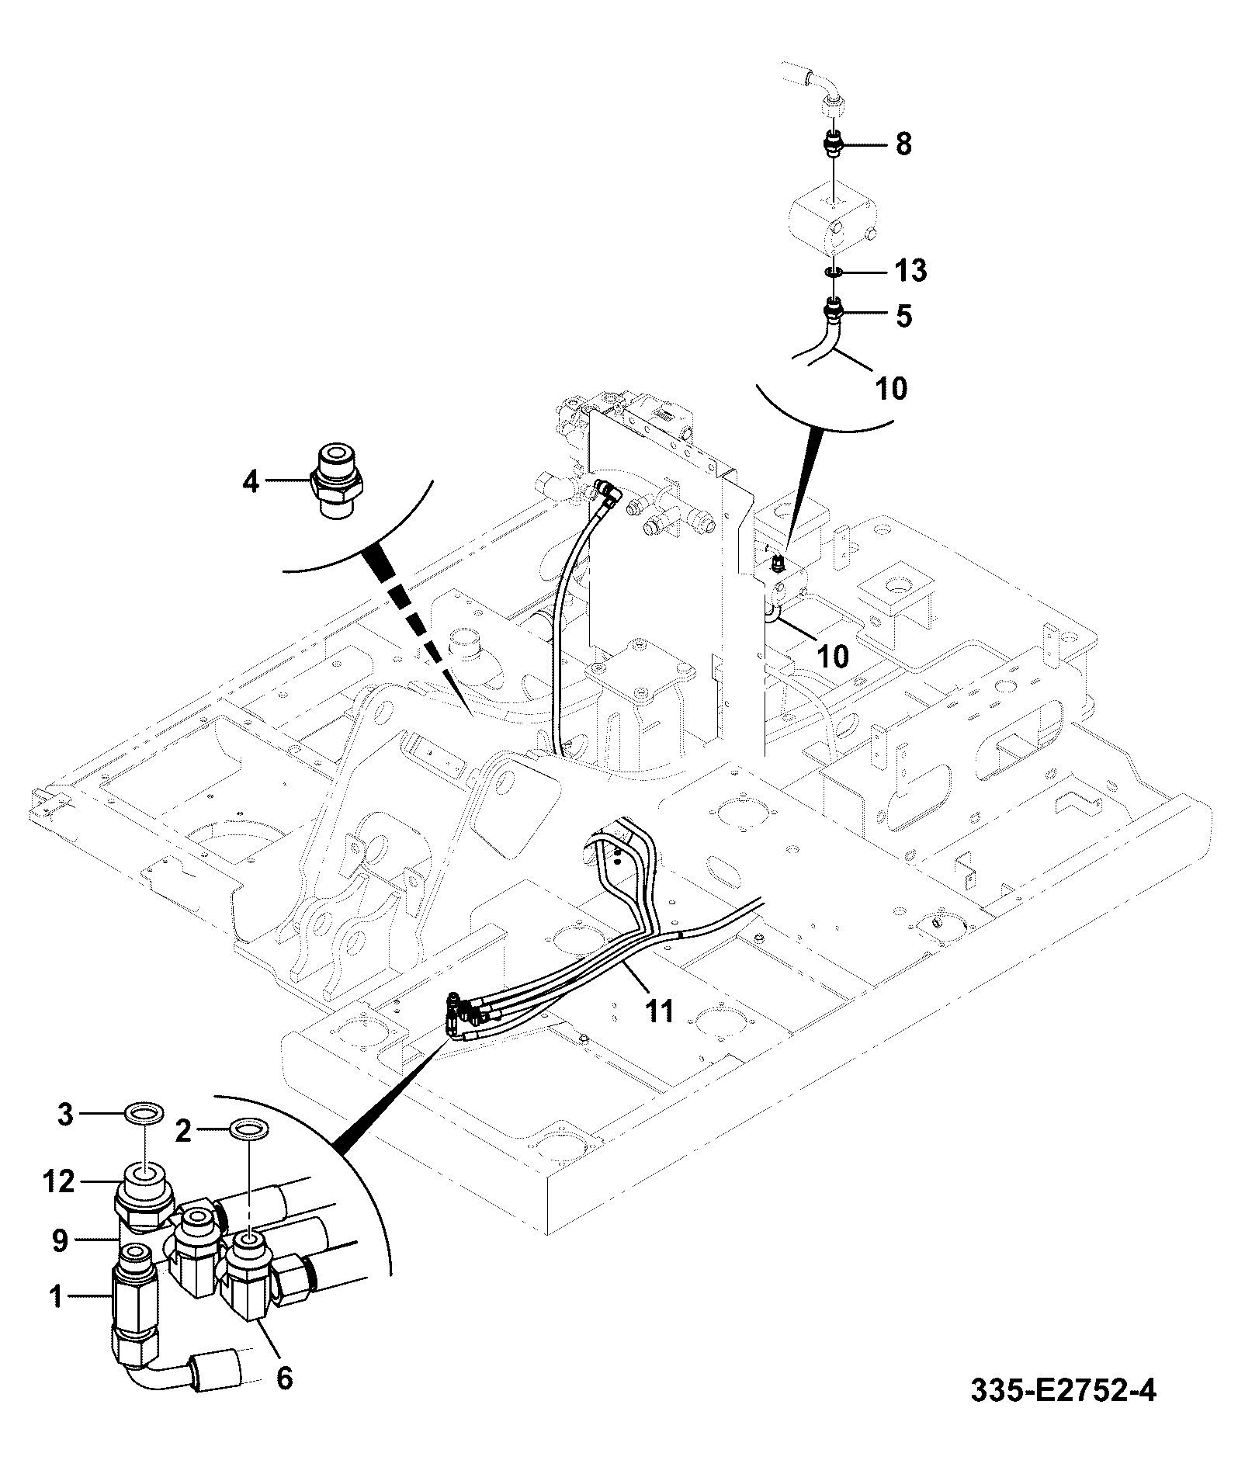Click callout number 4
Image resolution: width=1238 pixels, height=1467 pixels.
click(250, 482)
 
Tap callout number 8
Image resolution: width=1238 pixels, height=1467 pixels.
click(903, 144)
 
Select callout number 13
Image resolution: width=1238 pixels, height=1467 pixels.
click(910, 272)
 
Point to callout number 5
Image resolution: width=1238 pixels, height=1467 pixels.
click(903, 317)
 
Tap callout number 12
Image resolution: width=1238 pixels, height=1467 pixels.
click(60, 1181)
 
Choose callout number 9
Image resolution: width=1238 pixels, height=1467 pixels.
click(59, 1241)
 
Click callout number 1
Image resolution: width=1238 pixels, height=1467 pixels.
click(56, 1296)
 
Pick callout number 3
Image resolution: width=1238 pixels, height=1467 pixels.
click(66, 1115)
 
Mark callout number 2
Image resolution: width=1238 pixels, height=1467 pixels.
click(183, 1132)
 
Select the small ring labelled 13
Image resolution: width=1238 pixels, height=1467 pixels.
click(832, 272)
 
